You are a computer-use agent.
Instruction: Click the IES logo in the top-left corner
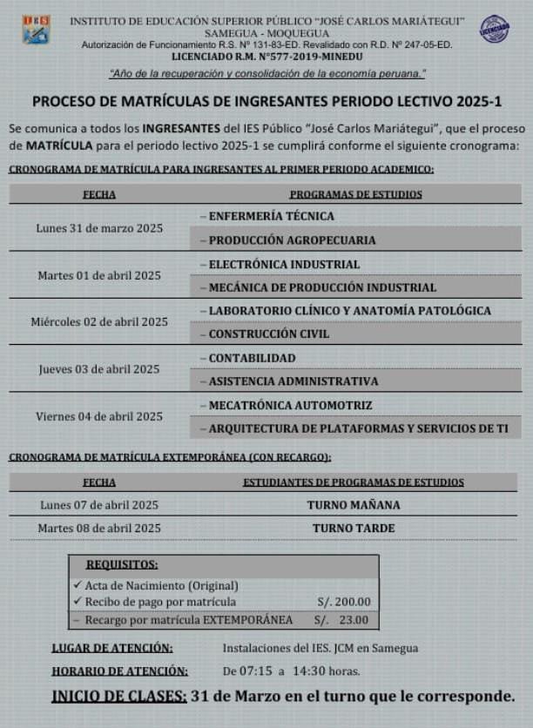[36, 29]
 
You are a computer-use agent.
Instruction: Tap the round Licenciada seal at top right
[496, 29]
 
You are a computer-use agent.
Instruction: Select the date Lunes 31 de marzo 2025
[98, 228]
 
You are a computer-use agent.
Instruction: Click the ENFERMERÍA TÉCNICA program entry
[271, 216]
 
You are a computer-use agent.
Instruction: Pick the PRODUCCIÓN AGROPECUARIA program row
[292, 239]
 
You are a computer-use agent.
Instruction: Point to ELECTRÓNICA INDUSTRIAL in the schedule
[284, 264]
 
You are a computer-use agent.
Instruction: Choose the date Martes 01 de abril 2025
[99, 275]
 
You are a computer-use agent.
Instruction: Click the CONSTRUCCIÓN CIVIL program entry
[269, 334]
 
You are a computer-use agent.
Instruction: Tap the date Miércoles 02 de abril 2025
[99, 322]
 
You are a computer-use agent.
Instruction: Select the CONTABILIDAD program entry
[252, 358]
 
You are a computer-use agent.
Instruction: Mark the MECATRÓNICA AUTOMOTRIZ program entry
[290, 405]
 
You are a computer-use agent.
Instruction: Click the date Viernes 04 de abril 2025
[99, 416]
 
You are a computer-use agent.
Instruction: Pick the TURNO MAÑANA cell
[354, 505]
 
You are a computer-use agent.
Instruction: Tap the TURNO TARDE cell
[354, 528]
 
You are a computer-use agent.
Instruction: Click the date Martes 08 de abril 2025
[99, 528]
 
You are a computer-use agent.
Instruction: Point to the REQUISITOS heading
[122, 564]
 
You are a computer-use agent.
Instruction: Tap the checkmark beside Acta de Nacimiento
[78, 585]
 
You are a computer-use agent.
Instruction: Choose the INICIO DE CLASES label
[118, 696]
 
